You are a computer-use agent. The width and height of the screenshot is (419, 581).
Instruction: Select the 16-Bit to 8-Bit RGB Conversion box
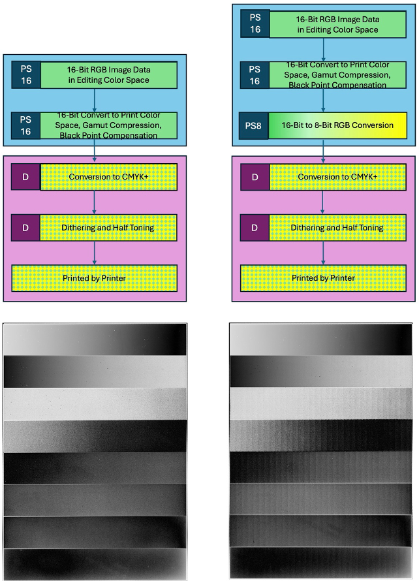pos(337,125)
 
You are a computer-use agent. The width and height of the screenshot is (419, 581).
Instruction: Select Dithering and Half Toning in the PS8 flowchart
pos(337,227)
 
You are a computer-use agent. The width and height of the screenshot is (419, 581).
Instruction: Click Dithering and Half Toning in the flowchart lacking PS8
pos(108,227)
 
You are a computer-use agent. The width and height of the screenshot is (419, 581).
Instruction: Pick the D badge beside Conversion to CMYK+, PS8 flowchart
pos(255,177)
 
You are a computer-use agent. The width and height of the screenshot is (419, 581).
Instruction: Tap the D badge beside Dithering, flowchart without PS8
pos(25,227)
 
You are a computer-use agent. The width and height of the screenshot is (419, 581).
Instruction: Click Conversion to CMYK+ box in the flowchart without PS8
pos(108,177)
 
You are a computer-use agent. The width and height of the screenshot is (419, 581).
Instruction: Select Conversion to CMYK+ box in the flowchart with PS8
pos(337,177)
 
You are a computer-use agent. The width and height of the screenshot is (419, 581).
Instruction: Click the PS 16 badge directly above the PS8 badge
pos(255,75)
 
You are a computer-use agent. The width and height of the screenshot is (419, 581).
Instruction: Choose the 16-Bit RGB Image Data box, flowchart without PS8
pos(108,75)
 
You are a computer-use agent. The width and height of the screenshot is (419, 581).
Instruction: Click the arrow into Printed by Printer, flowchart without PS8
pos(95,253)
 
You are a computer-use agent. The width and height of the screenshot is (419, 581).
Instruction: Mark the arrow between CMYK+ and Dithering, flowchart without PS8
pos(95,202)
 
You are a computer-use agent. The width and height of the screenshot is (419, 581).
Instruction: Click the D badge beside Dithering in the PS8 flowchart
pos(255,227)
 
